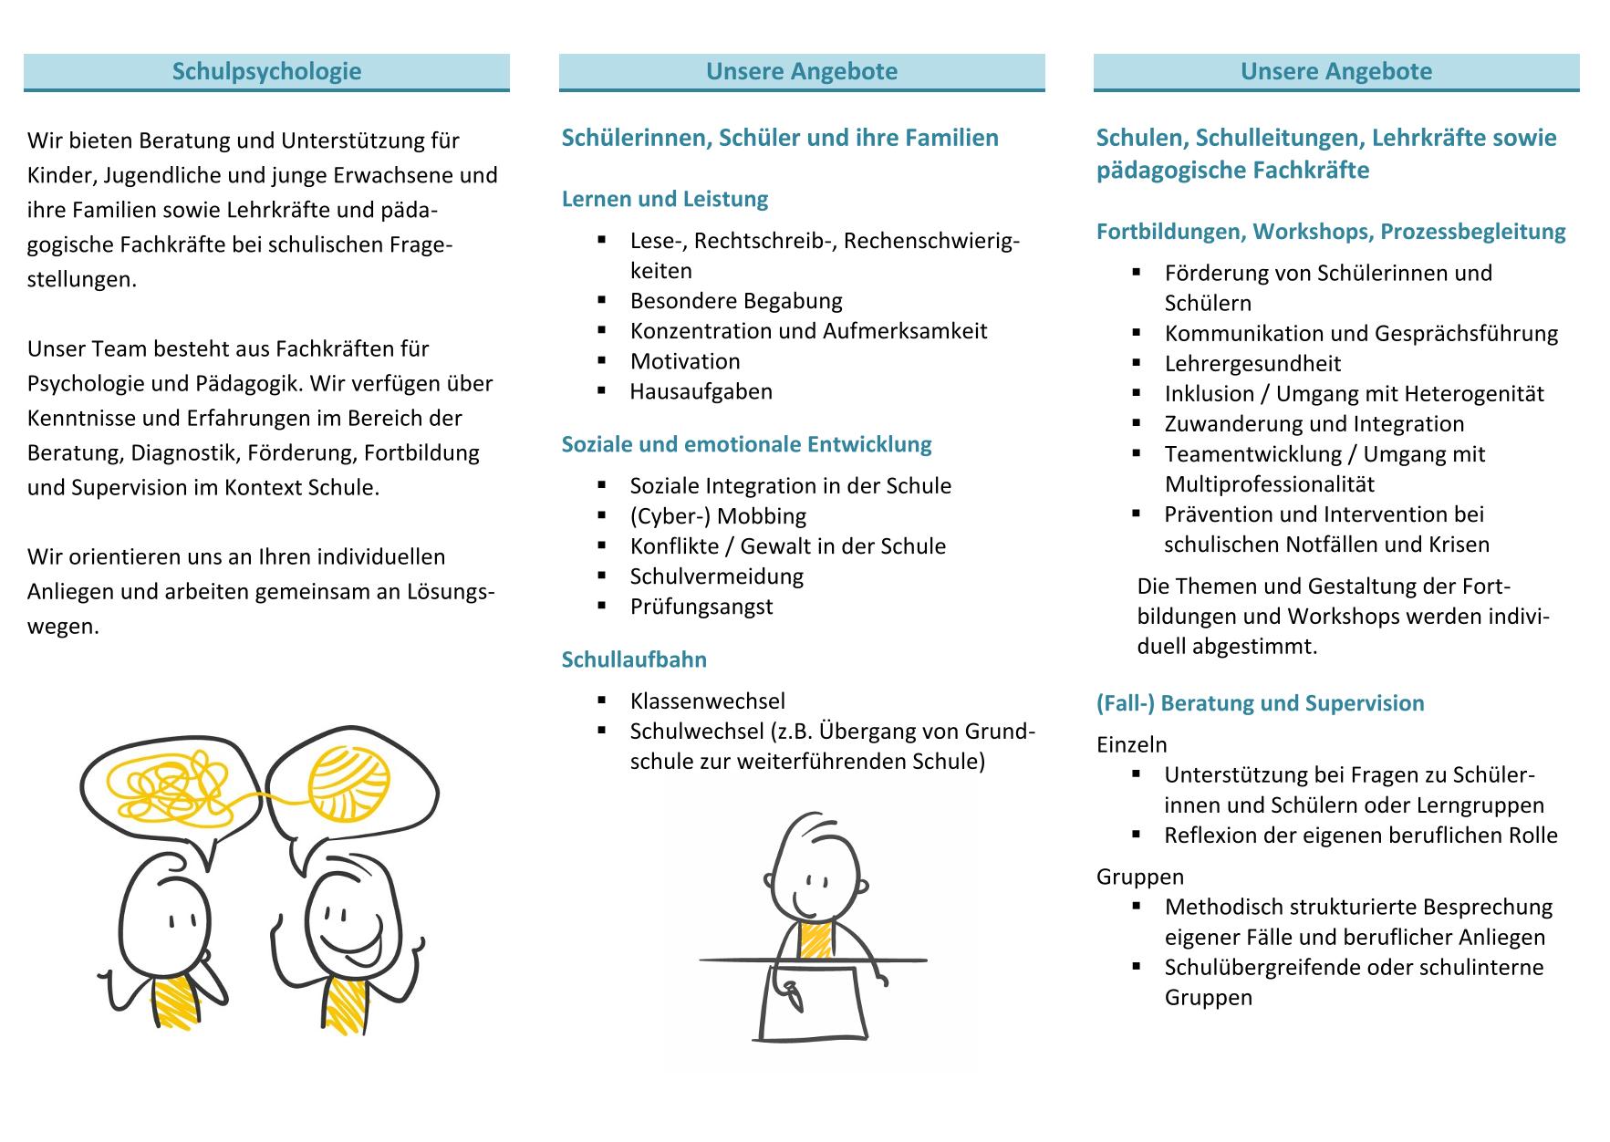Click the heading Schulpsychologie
(x=266, y=71)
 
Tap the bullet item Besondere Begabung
(x=736, y=301)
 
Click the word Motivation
(x=685, y=361)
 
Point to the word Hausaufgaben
(x=701, y=391)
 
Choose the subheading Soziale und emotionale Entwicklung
(x=746, y=444)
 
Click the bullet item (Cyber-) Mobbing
(x=718, y=516)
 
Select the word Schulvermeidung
(x=717, y=576)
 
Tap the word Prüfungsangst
(x=701, y=607)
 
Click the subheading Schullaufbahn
(x=634, y=659)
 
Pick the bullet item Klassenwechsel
(x=707, y=701)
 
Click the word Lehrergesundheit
(x=1252, y=364)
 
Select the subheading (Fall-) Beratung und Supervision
(x=1260, y=703)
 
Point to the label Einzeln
(x=1131, y=745)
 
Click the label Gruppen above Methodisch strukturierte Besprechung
(x=1140, y=877)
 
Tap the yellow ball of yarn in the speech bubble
(x=348, y=781)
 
